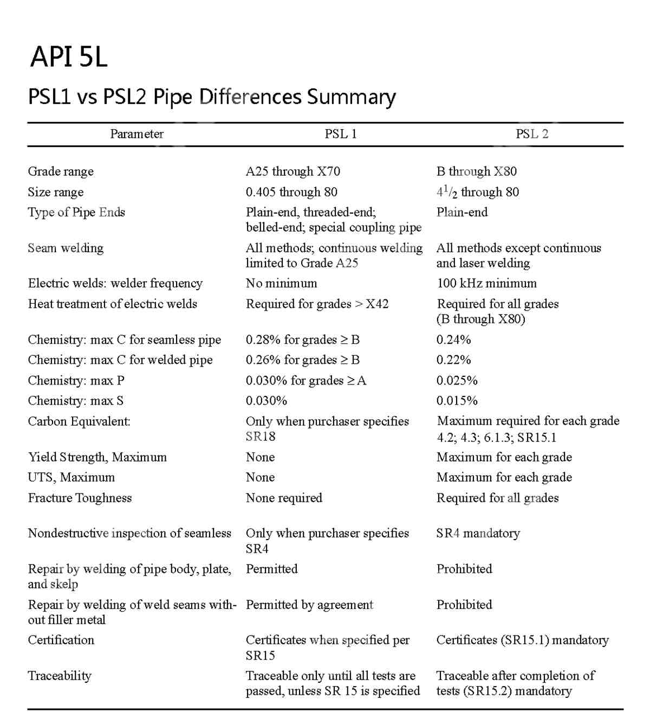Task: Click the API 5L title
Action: pyautogui.click(x=69, y=57)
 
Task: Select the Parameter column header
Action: pyautogui.click(x=136, y=134)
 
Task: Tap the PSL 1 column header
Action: pyautogui.click(x=341, y=134)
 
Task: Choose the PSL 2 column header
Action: pyautogui.click(x=532, y=134)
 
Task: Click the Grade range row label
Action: pyautogui.click(x=61, y=171)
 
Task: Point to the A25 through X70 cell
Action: pyautogui.click(x=293, y=171)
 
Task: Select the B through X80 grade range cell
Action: pyautogui.click(x=477, y=171)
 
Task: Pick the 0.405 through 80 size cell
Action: pyautogui.click(x=291, y=192)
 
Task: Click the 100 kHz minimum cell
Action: pyautogui.click(x=486, y=283)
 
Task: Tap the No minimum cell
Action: pyautogui.click(x=282, y=283)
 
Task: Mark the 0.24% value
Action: pyautogui.click(x=454, y=339)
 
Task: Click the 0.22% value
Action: pyautogui.click(x=454, y=360)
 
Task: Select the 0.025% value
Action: pyautogui.click(x=457, y=380)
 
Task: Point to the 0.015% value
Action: pyautogui.click(x=457, y=401)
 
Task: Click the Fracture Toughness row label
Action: pyautogui.click(x=80, y=498)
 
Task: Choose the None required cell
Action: pyautogui.click(x=284, y=498)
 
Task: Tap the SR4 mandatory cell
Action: pyautogui.click(x=478, y=533)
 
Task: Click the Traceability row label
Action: pyautogui.click(x=60, y=676)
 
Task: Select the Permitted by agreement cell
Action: pyautogui.click(x=309, y=605)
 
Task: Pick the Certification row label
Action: pyautogui.click(x=61, y=640)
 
